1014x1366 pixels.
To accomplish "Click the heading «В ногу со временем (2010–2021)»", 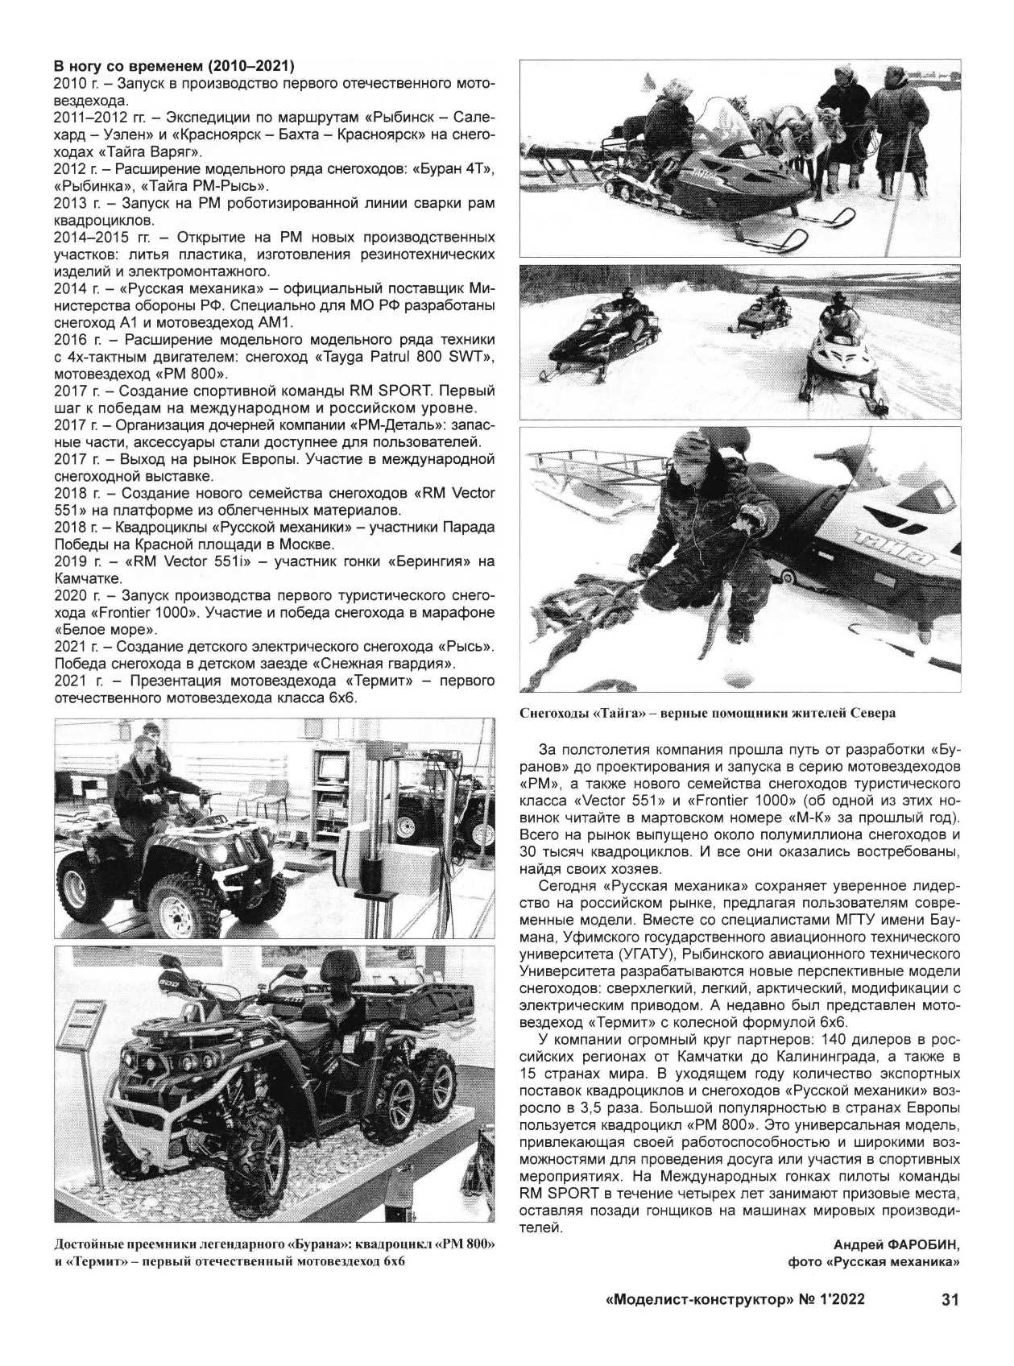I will pos(173,66).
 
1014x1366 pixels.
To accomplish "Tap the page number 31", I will pos(950,1300).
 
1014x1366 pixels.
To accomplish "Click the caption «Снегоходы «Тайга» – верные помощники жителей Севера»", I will pos(707,713).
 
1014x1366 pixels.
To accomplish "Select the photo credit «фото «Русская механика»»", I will pos(874,1262).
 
